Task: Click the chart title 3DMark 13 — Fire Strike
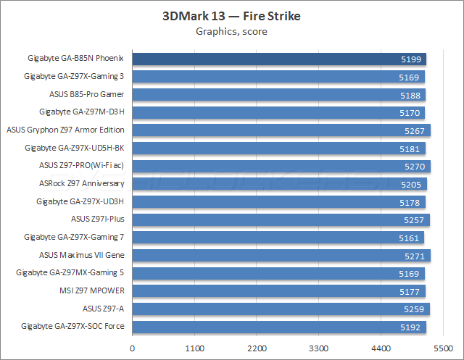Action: coord(231,16)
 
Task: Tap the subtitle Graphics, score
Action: coord(231,31)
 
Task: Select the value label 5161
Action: coord(410,238)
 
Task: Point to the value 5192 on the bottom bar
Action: coord(412,327)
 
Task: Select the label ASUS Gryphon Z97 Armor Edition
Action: coord(65,130)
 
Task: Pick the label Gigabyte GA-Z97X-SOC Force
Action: coord(73,327)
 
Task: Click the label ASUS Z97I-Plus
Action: coord(98,219)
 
